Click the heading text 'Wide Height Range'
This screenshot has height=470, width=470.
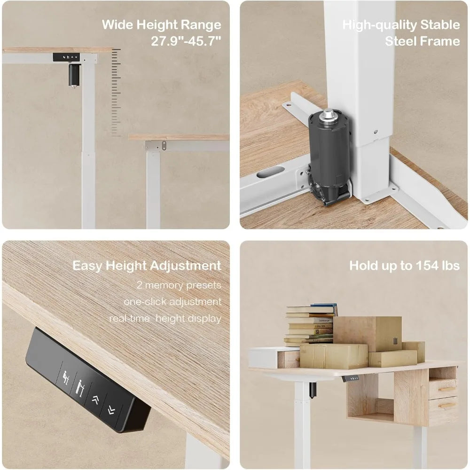(x=161, y=24)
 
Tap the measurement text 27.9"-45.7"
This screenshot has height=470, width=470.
(x=186, y=41)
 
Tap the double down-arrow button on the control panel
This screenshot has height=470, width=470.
(x=111, y=409)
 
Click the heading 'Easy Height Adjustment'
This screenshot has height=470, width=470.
(x=147, y=266)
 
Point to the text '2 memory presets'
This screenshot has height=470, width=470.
(x=179, y=285)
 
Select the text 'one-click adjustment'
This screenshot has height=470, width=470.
(x=172, y=302)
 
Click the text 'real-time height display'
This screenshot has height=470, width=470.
(x=165, y=318)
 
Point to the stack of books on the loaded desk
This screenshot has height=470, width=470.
(x=311, y=324)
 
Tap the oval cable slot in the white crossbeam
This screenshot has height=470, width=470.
(x=270, y=172)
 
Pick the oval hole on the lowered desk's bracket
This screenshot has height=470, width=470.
(x=164, y=145)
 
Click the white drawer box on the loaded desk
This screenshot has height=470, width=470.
(x=274, y=358)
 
